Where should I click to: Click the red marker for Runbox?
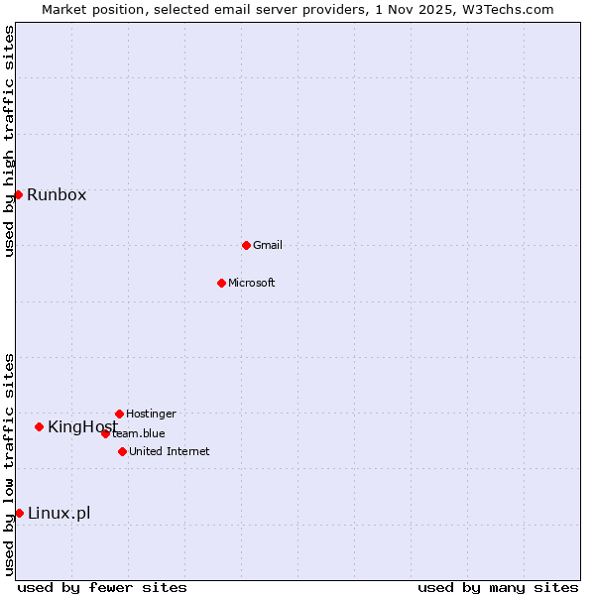click(x=18, y=194)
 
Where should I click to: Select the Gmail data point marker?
click(x=246, y=245)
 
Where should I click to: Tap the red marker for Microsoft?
click(x=221, y=283)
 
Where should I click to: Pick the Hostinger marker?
click(x=119, y=414)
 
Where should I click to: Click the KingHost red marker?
click(x=39, y=426)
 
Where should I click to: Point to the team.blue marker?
click(x=105, y=433)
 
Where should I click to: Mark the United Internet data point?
click(x=122, y=451)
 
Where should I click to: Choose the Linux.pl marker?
click(x=19, y=513)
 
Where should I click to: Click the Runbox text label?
click(x=57, y=194)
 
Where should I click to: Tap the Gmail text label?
click(x=268, y=245)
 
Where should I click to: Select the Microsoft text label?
click(x=252, y=283)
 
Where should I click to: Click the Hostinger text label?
click(x=151, y=414)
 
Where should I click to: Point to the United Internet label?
click(x=170, y=451)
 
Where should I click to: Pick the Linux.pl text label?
click(x=59, y=513)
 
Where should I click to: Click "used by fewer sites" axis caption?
click(x=102, y=587)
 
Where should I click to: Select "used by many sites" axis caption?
click(x=498, y=587)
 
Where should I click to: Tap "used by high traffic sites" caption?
click(x=9, y=141)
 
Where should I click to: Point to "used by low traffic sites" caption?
click(x=9, y=464)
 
